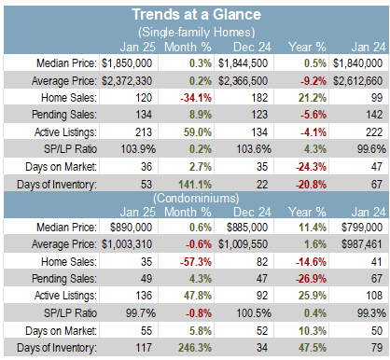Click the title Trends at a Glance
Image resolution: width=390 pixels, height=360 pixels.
196,15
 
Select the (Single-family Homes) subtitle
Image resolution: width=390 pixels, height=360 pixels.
196,32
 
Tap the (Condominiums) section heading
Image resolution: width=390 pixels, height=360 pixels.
196,198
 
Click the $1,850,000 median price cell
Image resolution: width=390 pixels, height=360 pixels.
127,63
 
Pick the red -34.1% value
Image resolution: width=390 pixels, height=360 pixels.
196,98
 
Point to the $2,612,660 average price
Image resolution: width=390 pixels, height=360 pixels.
357,81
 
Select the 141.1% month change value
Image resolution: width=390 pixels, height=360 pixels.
195,185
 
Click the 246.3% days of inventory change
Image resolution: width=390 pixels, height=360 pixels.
195,348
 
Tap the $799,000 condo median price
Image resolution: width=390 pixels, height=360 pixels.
362,228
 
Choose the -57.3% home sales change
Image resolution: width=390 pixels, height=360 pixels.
196,262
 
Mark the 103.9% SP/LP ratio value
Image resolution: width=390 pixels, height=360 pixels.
138,149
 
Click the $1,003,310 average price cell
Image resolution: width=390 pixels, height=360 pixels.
127,244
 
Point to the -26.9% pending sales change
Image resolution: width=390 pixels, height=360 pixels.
311,279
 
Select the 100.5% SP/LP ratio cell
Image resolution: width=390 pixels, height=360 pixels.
254,313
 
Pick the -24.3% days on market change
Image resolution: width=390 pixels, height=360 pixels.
311,167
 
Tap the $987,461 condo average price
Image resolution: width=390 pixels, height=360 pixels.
362,244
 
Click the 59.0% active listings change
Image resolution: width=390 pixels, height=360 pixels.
198,132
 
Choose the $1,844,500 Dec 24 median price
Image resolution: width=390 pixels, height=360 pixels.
243,63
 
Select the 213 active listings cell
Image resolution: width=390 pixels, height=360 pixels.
144,132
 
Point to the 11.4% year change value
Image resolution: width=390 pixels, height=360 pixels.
313,228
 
